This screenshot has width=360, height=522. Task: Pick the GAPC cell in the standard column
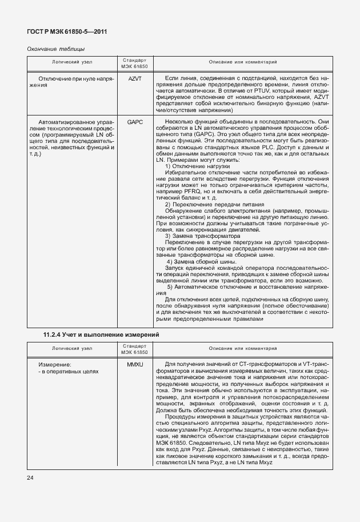pos(135,122)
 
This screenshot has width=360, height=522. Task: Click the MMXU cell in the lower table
pos(135,364)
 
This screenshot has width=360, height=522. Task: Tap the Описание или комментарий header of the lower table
pos(243,348)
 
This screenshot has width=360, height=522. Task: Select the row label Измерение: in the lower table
pos(54,364)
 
